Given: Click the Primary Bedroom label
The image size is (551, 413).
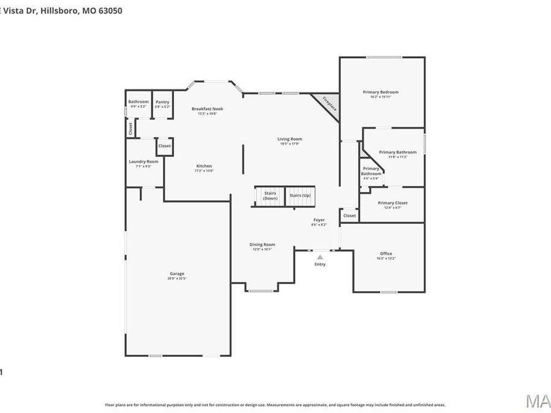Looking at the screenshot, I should (x=384, y=92).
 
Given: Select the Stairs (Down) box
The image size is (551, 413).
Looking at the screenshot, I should (x=270, y=196).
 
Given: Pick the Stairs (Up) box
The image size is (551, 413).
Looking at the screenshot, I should (x=300, y=196).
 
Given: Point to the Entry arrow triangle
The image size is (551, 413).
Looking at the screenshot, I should (x=320, y=258).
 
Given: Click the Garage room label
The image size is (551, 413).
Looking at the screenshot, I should (x=177, y=273).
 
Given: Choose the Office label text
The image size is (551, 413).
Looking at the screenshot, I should (x=386, y=253).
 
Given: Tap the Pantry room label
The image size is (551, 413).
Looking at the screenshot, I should (x=162, y=102).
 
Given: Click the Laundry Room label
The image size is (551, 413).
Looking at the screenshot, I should (x=143, y=162).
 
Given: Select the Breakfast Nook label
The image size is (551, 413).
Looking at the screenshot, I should (x=207, y=109).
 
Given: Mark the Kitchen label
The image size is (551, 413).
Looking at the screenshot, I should (x=204, y=166).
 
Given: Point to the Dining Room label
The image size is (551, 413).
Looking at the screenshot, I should (x=262, y=245).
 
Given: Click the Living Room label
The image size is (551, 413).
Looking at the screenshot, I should (x=290, y=139).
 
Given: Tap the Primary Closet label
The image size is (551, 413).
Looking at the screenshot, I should (x=392, y=203).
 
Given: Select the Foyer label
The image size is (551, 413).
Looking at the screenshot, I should (x=319, y=220).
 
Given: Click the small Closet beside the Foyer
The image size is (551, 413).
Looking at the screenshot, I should (x=349, y=215).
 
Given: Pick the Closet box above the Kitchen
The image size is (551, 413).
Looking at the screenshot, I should (x=165, y=146).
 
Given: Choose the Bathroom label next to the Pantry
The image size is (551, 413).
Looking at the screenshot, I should (x=138, y=102).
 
